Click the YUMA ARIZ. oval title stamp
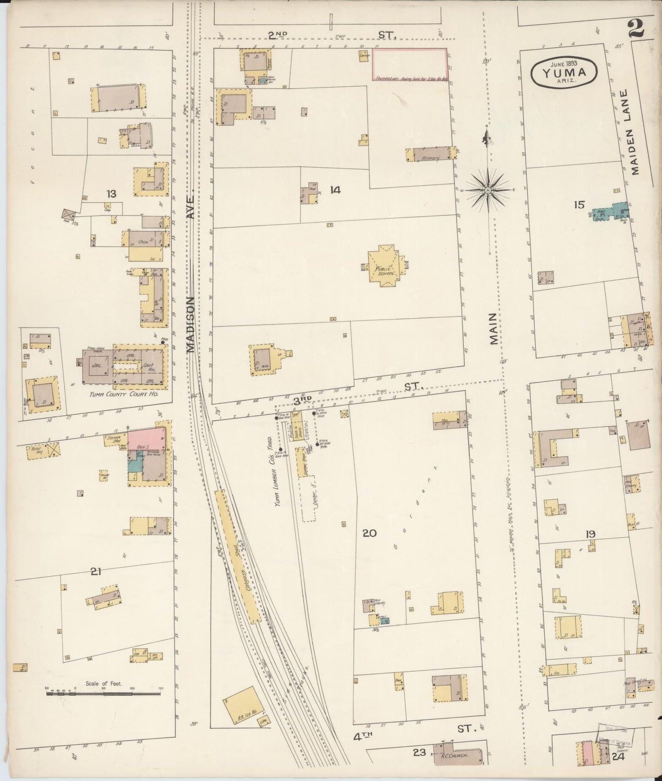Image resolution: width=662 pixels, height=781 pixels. [x=564, y=71]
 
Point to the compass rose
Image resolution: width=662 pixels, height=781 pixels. [x=488, y=189]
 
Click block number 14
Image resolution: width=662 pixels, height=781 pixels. [x=335, y=190]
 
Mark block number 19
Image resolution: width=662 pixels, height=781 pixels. [x=590, y=533]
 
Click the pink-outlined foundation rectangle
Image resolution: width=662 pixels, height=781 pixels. [x=409, y=64]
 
